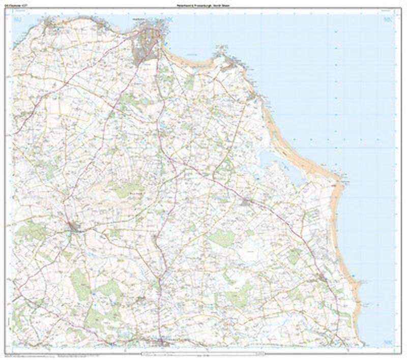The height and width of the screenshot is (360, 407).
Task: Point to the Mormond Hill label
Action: click(135, 194)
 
